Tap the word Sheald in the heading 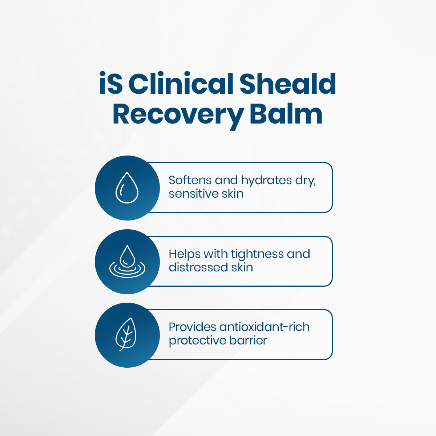287,84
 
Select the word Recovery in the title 178,114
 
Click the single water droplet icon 127,188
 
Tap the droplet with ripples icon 127,262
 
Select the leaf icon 126,335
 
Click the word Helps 185,254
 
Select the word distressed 198,267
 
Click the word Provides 193,327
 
